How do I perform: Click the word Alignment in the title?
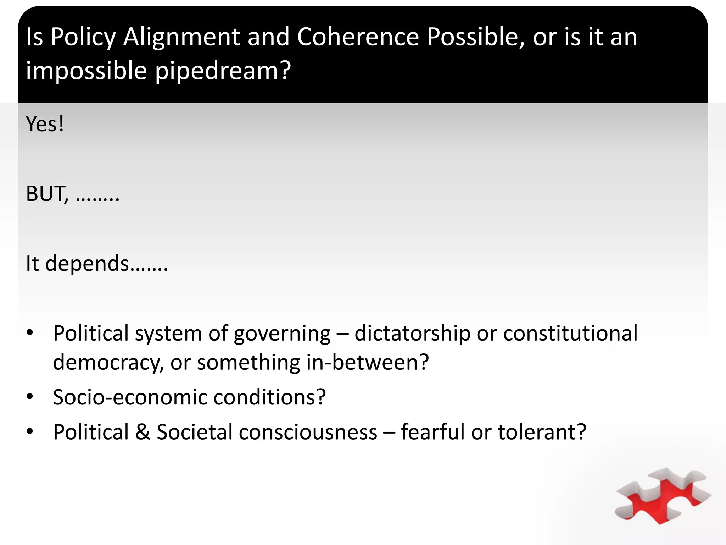[x=181, y=37]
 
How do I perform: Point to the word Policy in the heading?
[x=83, y=37]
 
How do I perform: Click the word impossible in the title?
[x=86, y=71]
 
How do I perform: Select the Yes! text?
[x=45, y=124]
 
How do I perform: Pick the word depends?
[x=87, y=264]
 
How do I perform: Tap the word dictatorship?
[x=412, y=334]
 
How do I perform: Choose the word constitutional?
[x=570, y=333]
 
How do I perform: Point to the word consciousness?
[x=308, y=432]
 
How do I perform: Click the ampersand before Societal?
[x=143, y=432]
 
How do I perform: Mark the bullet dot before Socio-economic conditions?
[x=30, y=396]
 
